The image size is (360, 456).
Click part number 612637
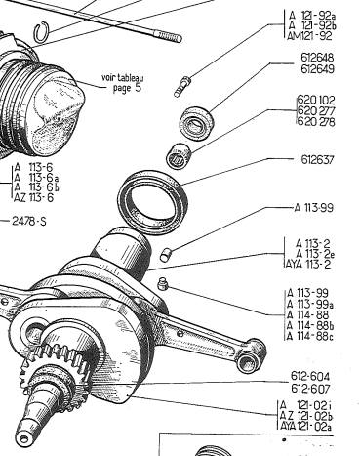coord(317,160)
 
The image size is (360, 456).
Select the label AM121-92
coord(309,36)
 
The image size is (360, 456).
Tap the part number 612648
coord(317,58)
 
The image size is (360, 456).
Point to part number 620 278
coord(316,121)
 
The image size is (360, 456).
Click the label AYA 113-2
coord(308,264)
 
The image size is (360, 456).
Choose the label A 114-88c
coord(310,336)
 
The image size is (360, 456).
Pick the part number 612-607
coord(310,389)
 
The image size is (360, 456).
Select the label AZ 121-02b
coord(306,416)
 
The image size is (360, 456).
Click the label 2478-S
coord(29,222)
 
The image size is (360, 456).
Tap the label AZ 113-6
coord(33,197)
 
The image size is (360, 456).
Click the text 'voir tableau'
coord(123,78)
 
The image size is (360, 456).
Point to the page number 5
coord(139,88)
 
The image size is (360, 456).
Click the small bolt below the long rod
coord(182,86)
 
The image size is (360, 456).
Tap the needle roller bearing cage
coord(179,155)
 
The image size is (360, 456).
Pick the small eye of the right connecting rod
coord(251,355)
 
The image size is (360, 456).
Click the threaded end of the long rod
coord(169,36)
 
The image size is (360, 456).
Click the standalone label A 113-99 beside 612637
coord(314,208)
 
